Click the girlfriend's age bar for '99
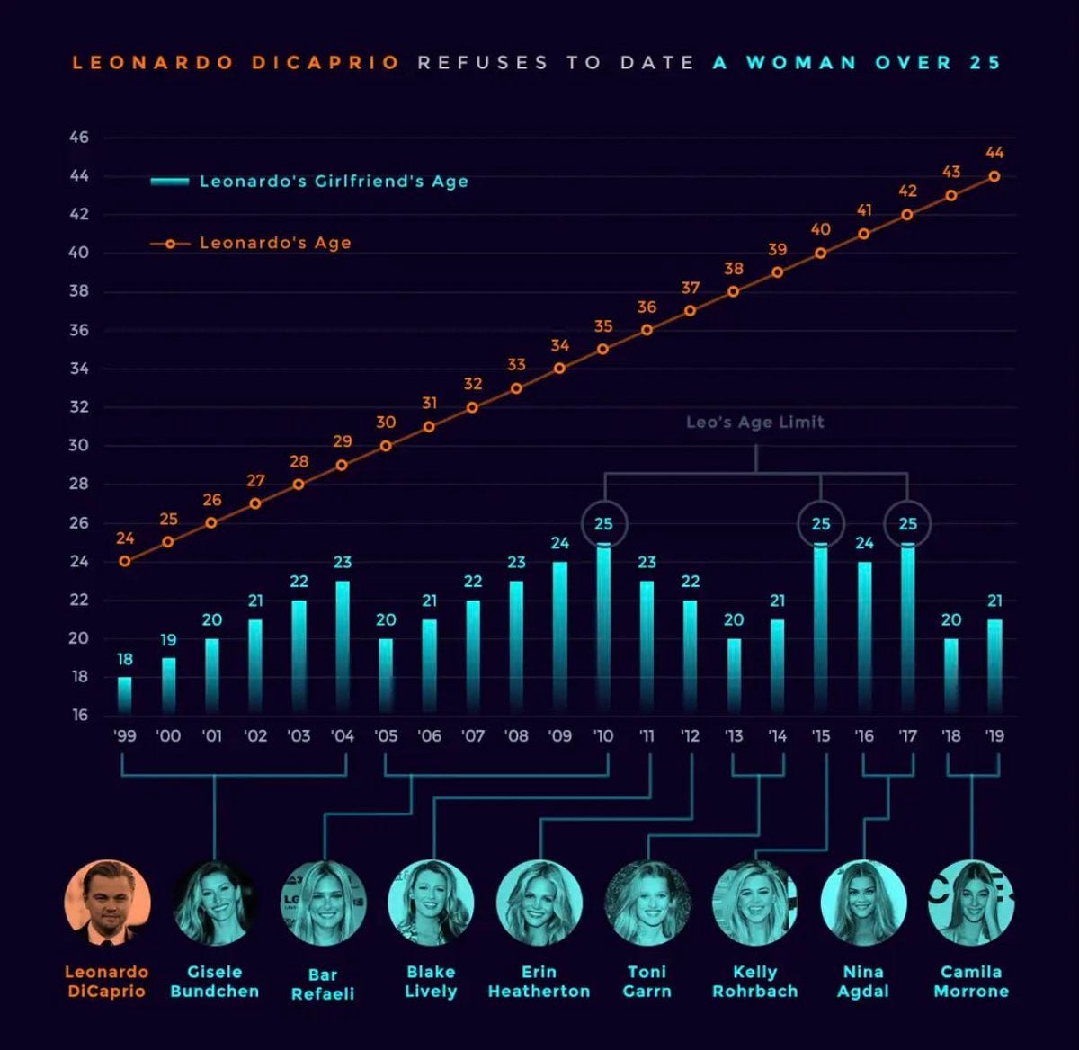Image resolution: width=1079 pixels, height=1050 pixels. pyautogui.click(x=125, y=695)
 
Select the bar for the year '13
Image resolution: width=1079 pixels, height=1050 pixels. pyautogui.click(x=734, y=676)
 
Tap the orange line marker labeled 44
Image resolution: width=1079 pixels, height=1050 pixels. pyautogui.click(x=994, y=176)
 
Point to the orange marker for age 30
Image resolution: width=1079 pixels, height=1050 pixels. pyautogui.click(x=386, y=446)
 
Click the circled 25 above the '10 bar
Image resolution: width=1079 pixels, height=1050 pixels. pyautogui.click(x=604, y=524)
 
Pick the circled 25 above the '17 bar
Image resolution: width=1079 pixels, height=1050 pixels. pyautogui.click(x=907, y=524)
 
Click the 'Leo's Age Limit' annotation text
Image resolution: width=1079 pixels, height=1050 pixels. pyautogui.click(x=755, y=423)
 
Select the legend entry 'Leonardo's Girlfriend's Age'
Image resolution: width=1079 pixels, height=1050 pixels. pyautogui.click(x=309, y=182)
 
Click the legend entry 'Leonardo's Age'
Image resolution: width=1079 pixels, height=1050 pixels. pyautogui.click(x=251, y=243)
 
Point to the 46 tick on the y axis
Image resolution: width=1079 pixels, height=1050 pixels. pyautogui.click(x=79, y=137)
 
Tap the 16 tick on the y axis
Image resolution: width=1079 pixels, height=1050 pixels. pyautogui.click(x=80, y=716)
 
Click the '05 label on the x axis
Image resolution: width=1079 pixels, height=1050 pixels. pyautogui.click(x=386, y=736)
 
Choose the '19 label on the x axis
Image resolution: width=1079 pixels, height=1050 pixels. pyautogui.click(x=994, y=736)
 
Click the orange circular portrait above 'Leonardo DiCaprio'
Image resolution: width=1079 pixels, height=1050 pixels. pyautogui.click(x=107, y=903)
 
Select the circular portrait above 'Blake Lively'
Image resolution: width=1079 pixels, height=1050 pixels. pyautogui.click(x=431, y=903)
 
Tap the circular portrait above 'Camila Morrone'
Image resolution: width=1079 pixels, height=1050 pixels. pyautogui.click(x=971, y=903)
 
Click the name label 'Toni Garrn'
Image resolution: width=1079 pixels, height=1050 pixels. pyautogui.click(x=647, y=982)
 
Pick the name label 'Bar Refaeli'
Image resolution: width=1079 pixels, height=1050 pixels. pyautogui.click(x=323, y=984)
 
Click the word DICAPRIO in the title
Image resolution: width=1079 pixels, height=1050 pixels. pyautogui.click(x=325, y=63)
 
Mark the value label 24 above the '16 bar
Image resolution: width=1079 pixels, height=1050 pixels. pyautogui.click(x=864, y=543)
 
